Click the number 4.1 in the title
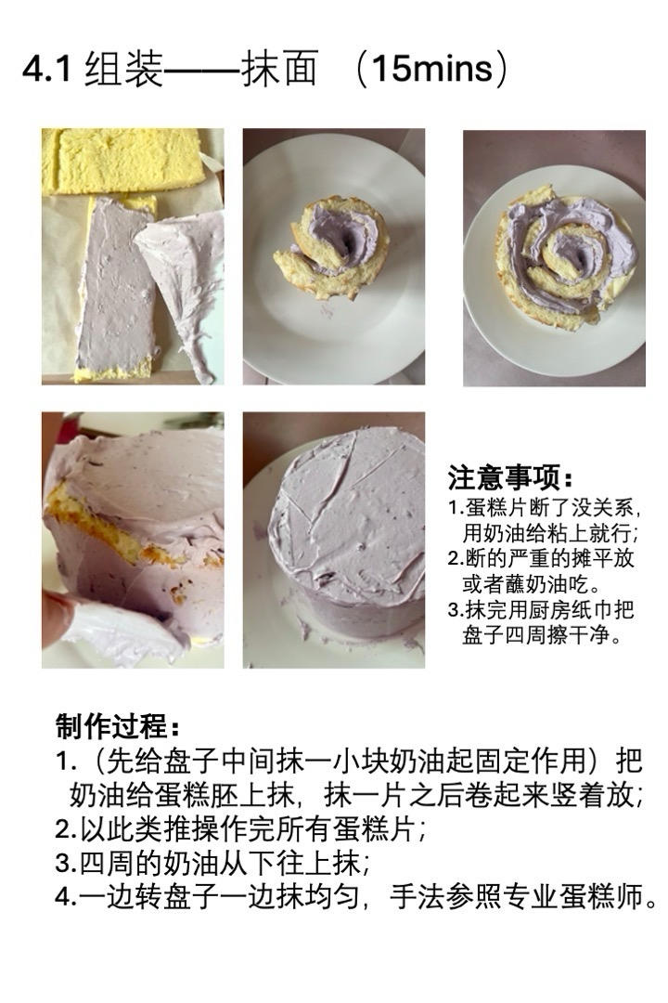(46, 72)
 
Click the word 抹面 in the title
(279, 72)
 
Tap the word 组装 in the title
(123, 72)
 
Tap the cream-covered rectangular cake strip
(114, 288)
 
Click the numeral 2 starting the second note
(454, 559)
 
